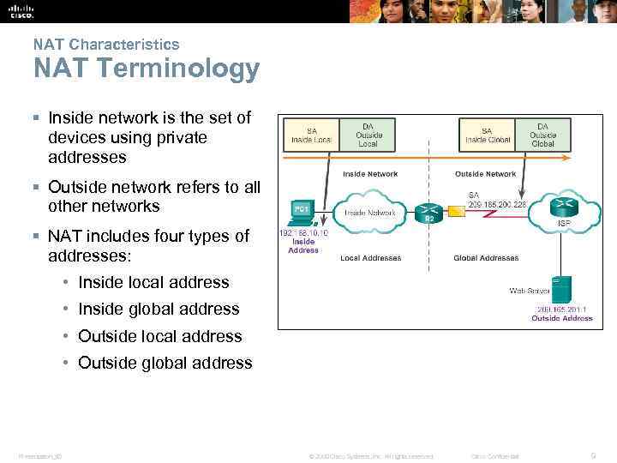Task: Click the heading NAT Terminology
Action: click(146, 69)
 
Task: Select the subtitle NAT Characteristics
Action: click(106, 44)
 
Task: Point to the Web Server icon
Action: click(561, 289)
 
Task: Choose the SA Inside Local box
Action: click(312, 135)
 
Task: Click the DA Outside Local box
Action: click(367, 135)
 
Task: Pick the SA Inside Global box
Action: click(488, 135)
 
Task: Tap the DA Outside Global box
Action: click(542, 134)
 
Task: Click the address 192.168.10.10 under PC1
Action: click(303, 231)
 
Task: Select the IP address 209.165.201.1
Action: click(562, 309)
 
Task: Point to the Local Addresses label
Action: click(370, 258)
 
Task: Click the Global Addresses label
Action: click(486, 258)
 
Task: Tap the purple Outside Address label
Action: click(562, 318)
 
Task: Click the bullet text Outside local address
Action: click(159, 336)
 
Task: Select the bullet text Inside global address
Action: click(159, 309)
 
